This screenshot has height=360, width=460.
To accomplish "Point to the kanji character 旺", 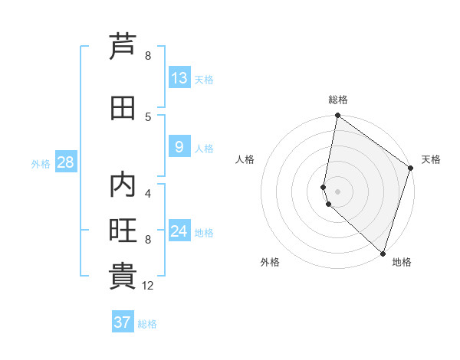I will [123, 231].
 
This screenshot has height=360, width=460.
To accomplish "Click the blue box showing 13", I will [179, 78].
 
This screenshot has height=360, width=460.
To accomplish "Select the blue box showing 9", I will [179, 147].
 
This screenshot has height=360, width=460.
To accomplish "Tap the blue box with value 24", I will [179, 231].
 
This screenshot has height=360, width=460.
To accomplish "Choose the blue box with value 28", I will [64, 162].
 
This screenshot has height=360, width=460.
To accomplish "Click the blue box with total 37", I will [122, 322].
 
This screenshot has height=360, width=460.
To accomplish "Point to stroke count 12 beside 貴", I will [148, 286].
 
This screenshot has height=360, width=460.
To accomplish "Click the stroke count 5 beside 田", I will [148, 116].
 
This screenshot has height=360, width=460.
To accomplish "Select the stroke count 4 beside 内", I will [148, 193].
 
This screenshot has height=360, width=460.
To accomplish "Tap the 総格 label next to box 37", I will [147, 324].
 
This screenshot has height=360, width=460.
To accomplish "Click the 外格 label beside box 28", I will [41, 164].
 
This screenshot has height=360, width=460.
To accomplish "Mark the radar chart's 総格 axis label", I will [337, 100].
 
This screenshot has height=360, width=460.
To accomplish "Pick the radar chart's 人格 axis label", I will [245, 159].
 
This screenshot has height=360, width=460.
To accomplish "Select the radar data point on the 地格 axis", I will [383, 254].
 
